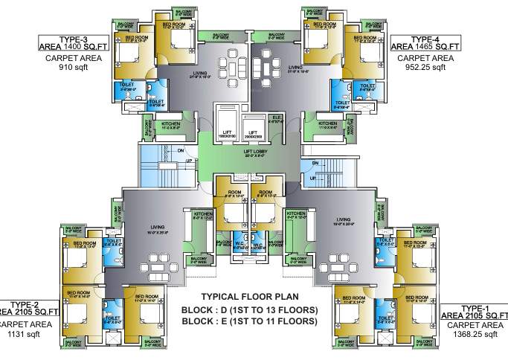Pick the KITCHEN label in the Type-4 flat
pos(328,124)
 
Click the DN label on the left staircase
pos(180,150)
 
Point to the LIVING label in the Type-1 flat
pos(343,220)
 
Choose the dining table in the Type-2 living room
pos(158,267)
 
